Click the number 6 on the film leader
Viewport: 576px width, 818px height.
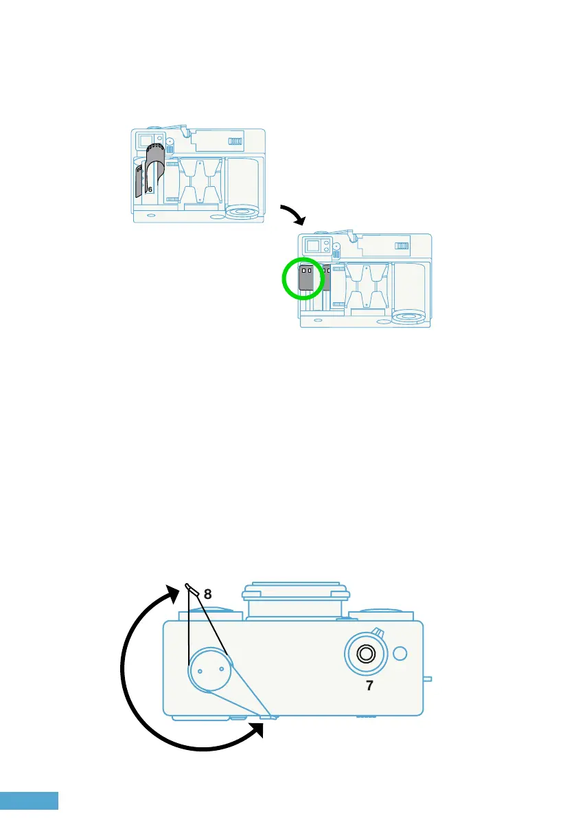pyautogui.click(x=150, y=188)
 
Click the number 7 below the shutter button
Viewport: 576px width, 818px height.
pyautogui.click(x=369, y=685)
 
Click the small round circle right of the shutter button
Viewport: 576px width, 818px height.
pyautogui.click(x=402, y=652)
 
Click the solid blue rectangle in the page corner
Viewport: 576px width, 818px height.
pyautogui.click(x=29, y=800)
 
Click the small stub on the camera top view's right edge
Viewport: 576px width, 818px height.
pyautogui.click(x=427, y=679)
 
